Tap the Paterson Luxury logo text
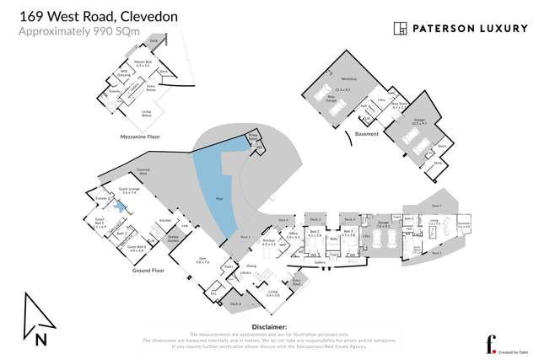(462, 29)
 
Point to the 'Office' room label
(293, 236)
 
